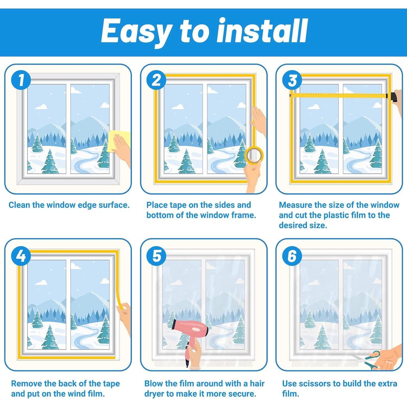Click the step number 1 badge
(x=21, y=80)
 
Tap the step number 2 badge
(x=157, y=80)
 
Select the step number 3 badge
(x=292, y=80)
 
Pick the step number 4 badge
(x=21, y=256)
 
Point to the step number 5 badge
(x=157, y=256)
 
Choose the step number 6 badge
(x=292, y=256)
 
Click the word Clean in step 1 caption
(x=19, y=205)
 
